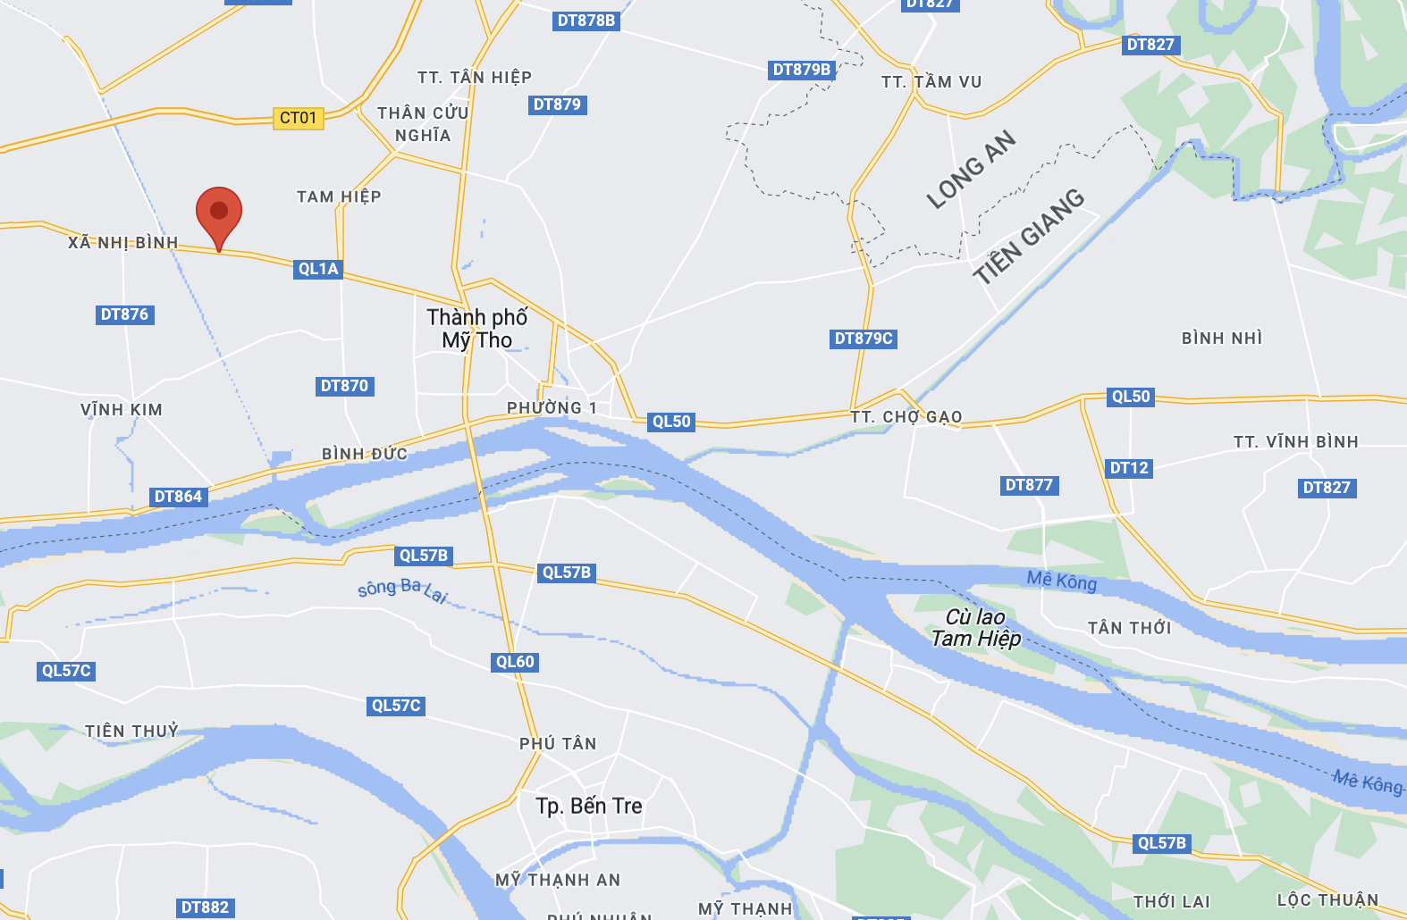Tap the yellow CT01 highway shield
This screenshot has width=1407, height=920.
(x=298, y=118)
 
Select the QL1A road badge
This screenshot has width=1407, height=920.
(x=318, y=269)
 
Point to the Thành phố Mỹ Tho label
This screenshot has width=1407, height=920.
(x=477, y=329)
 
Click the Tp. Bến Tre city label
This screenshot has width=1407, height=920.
(x=589, y=806)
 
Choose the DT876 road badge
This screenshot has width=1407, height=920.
(x=125, y=314)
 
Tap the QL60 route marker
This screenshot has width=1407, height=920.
(x=515, y=662)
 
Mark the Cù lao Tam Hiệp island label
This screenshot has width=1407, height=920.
(x=975, y=628)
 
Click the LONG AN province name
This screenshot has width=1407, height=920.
(x=971, y=170)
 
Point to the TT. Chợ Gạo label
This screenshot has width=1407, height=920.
(x=906, y=417)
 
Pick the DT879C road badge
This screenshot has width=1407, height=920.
(x=864, y=339)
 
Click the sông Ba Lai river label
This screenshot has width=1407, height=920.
(x=402, y=590)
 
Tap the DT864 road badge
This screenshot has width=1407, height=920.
(x=178, y=497)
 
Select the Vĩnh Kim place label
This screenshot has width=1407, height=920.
(x=122, y=410)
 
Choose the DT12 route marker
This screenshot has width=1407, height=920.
(x=1129, y=468)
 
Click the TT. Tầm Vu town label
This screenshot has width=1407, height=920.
(x=931, y=82)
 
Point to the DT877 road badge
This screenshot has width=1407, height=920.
(x=1029, y=485)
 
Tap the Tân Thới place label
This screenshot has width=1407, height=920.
(x=1129, y=628)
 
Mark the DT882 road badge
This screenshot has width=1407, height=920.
(x=205, y=907)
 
